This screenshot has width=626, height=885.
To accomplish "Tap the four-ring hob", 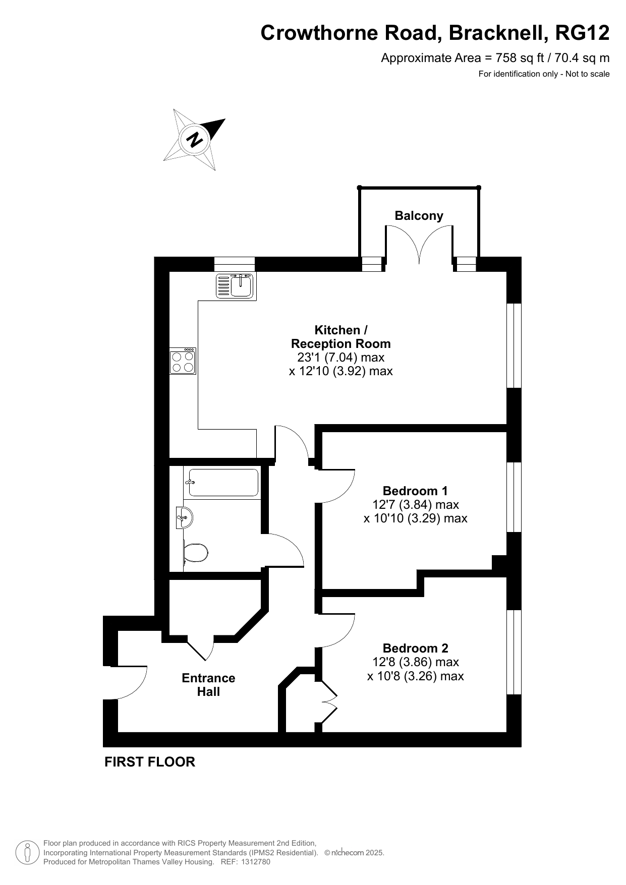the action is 183,361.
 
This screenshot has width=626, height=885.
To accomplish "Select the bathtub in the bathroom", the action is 222,483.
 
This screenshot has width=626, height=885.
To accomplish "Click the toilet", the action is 196,552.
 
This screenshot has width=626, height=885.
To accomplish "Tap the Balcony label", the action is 419,216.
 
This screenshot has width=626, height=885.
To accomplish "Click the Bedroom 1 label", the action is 415,491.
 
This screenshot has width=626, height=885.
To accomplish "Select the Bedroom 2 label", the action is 415,648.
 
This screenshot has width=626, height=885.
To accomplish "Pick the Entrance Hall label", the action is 208,685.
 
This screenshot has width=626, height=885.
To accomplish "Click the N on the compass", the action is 194,139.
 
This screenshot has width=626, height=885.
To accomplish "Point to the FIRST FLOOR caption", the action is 150,762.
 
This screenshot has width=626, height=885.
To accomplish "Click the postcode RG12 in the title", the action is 582,33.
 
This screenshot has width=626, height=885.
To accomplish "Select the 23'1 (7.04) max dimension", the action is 340,358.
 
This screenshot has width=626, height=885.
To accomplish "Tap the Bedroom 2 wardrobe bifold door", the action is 328,701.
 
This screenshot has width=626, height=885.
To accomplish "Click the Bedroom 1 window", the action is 514,497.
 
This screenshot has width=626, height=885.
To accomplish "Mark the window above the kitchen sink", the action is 235,264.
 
